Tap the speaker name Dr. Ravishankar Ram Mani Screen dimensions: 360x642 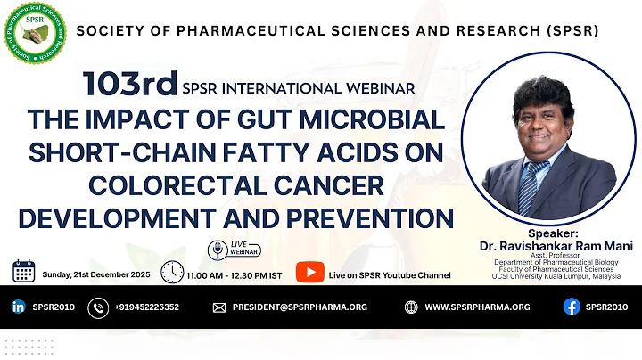click(556, 245)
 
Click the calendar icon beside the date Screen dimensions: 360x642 click(23, 270)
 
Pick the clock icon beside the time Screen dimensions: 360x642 click(172, 271)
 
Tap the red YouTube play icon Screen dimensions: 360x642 click(309, 272)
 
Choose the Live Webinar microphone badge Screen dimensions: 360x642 click(217, 250)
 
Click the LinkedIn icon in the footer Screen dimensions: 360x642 click(18, 307)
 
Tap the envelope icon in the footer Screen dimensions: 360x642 click(218, 307)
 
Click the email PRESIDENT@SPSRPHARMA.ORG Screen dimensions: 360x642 click(300, 307)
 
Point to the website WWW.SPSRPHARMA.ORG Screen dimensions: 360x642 click(477, 307)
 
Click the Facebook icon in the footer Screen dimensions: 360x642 click(571, 307)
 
